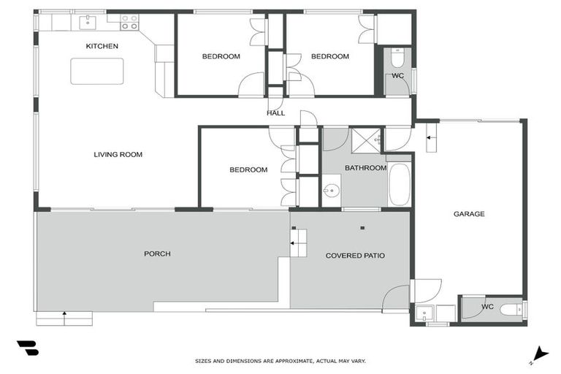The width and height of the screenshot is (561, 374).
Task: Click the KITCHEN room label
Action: tap(102, 46)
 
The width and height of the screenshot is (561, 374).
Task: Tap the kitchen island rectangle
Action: tap(96, 71)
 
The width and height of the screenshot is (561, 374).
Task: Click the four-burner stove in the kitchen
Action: tap(129, 22)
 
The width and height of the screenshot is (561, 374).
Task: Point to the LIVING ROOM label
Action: tap(118, 154)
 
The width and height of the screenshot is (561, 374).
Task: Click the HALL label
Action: tap(275, 113)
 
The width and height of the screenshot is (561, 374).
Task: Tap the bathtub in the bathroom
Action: tap(400, 186)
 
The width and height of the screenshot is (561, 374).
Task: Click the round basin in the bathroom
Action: tap(332, 192)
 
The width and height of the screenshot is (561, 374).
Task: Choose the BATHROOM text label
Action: tap(365, 168)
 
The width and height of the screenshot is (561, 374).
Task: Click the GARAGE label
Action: tap(469, 214)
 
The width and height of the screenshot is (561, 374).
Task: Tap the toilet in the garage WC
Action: tap(508, 310)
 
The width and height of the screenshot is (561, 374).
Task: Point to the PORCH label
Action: tap(157, 253)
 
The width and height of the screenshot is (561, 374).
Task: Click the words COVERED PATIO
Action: tap(355, 256)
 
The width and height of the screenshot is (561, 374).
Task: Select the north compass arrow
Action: tap(540, 354)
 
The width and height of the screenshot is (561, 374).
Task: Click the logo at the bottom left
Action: tap(26, 348)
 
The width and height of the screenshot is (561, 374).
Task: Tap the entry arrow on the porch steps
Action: tap(64, 318)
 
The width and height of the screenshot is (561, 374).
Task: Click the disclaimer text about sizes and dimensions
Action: tap(280, 361)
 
